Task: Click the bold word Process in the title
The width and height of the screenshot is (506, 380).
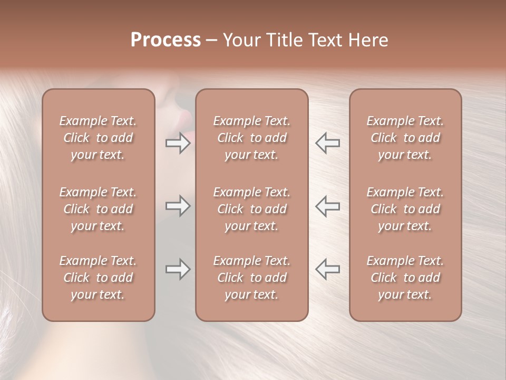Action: pyautogui.click(x=166, y=40)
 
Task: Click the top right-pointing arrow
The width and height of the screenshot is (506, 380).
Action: pyautogui.click(x=178, y=143)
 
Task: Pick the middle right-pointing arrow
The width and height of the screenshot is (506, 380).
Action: pyautogui.click(x=178, y=206)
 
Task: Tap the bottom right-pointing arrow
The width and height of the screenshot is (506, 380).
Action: pyautogui.click(x=178, y=269)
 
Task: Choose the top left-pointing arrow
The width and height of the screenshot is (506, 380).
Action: pyautogui.click(x=327, y=143)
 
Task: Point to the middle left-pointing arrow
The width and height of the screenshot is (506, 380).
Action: pyautogui.click(x=327, y=206)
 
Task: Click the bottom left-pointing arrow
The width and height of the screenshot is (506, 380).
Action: pyautogui.click(x=327, y=269)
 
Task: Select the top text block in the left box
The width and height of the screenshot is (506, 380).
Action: pyautogui.click(x=98, y=138)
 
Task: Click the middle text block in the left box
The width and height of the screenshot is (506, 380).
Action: pyautogui.click(x=98, y=209)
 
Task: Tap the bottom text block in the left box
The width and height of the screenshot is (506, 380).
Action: pyautogui.click(x=98, y=278)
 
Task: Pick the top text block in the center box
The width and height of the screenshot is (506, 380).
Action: pyautogui.click(x=251, y=138)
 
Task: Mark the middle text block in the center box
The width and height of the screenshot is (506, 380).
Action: pyautogui.click(x=251, y=209)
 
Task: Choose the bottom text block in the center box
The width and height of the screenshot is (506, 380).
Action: pyautogui.click(x=251, y=278)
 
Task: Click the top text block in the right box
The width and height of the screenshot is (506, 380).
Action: pyautogui.click(x=405, y=138)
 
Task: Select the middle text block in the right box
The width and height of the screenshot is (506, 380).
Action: pyautogui.click(x=405, y=209)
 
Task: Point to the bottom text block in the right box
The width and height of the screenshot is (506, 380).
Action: pyautogui.click(x=405, y=278)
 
